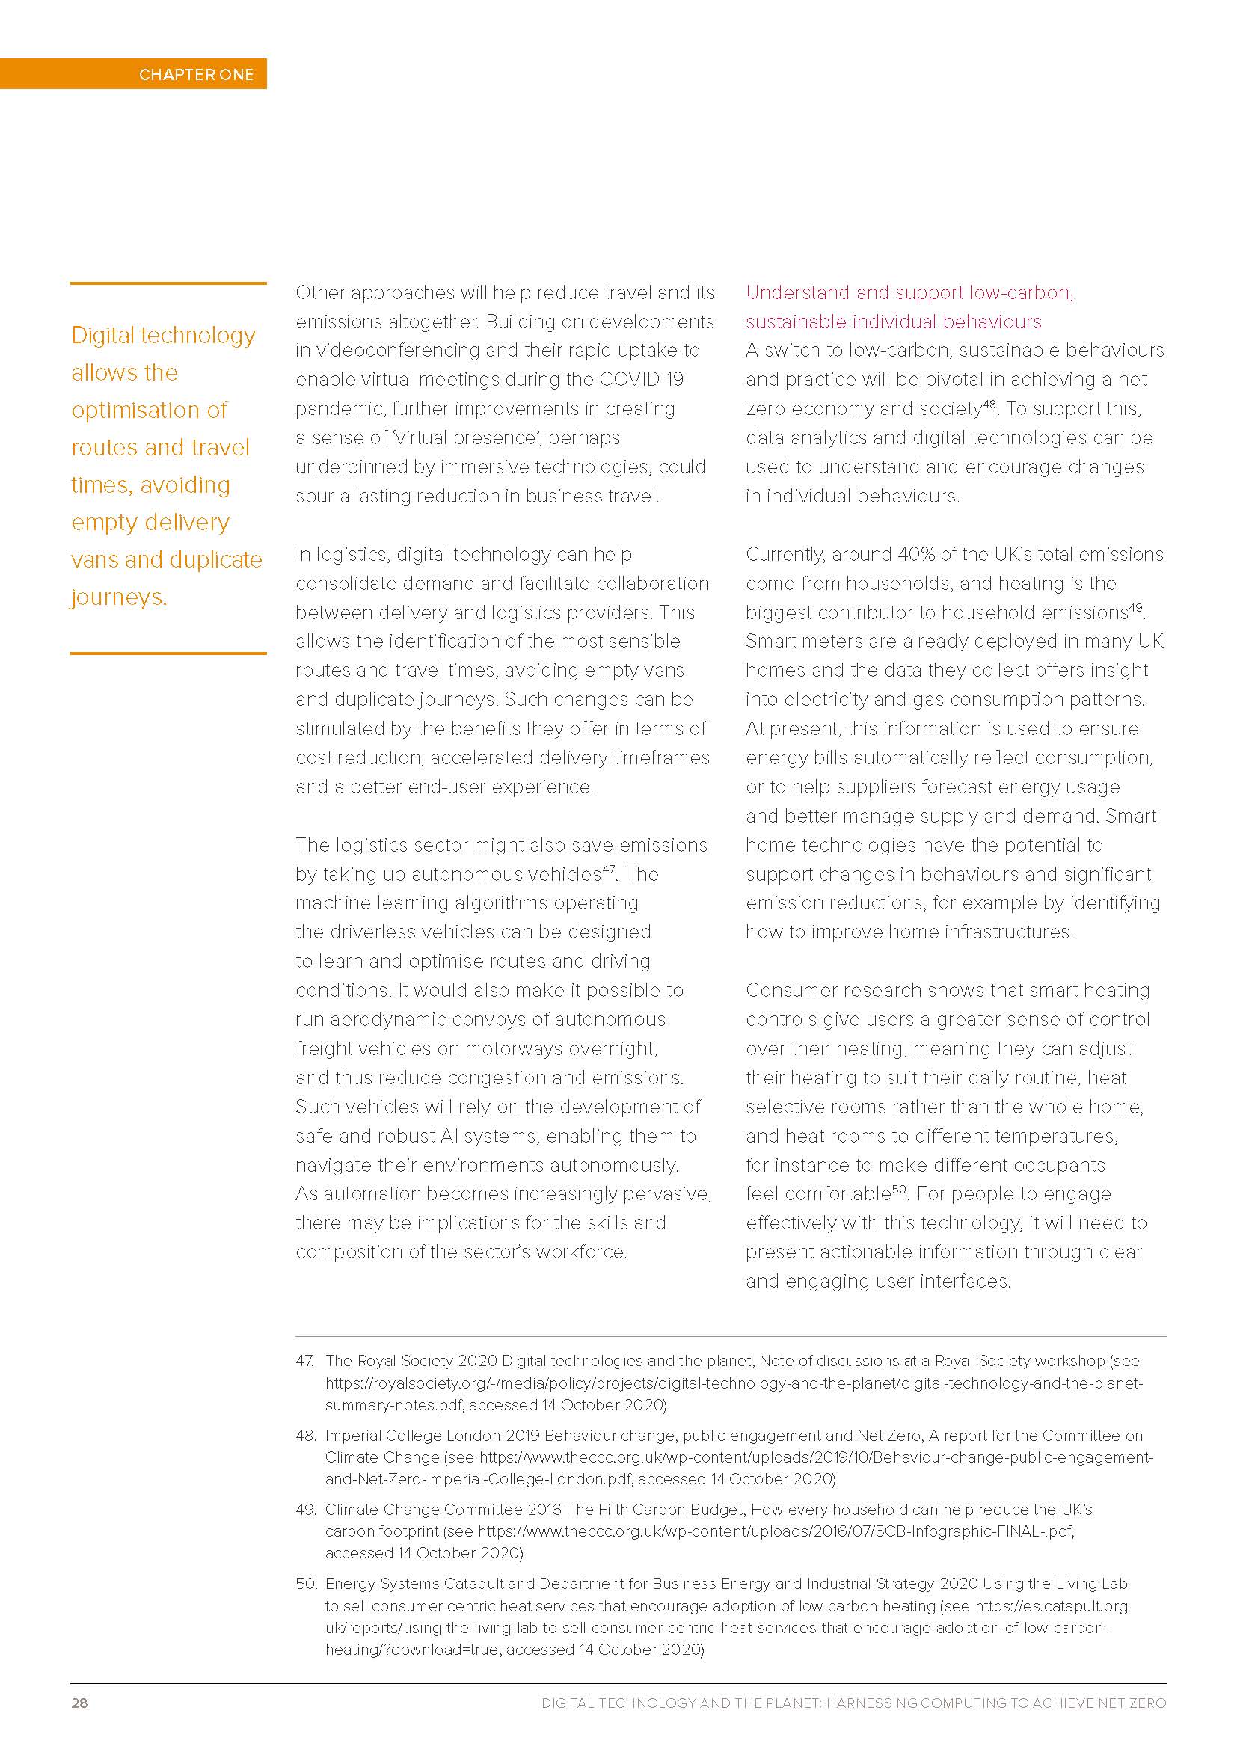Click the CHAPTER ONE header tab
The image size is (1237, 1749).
pos(196,74)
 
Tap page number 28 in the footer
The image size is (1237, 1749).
pos(79,1703)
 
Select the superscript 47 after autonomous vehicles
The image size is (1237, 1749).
pos(609,869)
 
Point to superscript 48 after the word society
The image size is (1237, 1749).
pos(989,404)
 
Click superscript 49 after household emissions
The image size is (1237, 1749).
pos(1135,608)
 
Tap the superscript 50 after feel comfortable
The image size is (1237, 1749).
pos(899,1189)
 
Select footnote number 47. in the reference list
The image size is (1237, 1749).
pos(305,1360)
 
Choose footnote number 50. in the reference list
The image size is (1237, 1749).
pos(306,1584)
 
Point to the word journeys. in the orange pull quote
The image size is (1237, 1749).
pos(119,597)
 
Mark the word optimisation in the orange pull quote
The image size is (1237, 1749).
pos(150,410)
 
